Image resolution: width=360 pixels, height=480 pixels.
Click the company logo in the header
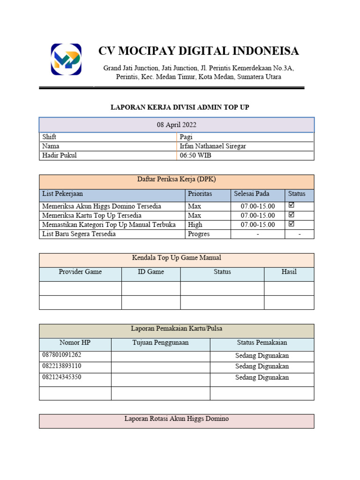tap(66, 60)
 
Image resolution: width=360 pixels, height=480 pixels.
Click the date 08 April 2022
tap(176, 125)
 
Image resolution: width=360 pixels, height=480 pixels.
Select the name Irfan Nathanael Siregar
tap(213, 146)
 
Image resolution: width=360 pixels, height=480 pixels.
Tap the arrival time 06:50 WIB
tap(195, 156)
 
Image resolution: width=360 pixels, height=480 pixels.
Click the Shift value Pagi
tap(186, 137)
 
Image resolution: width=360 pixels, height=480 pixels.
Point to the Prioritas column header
tap(200, 194)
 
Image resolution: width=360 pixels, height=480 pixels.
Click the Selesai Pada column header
tap(252, 194)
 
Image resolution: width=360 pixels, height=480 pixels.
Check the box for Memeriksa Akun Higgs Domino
tap(292, 205)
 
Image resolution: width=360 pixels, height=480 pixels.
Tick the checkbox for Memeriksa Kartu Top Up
tap(292, 215)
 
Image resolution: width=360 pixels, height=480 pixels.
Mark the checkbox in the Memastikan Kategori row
tap(292, 224)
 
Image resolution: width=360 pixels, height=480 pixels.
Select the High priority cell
tap(195, 225)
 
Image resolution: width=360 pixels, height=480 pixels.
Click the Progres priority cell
tap(199, 234)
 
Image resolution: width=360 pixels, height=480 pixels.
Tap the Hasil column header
tap(289, 272)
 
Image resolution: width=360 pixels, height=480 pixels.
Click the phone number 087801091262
tap(62, 355)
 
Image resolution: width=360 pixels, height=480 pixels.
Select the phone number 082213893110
tap(62, 366)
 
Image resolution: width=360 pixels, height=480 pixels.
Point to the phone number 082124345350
tap(62, 377)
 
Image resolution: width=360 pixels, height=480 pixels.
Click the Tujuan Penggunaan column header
tap(160, 343)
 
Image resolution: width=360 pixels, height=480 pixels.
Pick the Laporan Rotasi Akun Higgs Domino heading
tap(176, 419)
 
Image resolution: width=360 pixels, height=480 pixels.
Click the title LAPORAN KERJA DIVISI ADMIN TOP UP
tap(180, 108)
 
